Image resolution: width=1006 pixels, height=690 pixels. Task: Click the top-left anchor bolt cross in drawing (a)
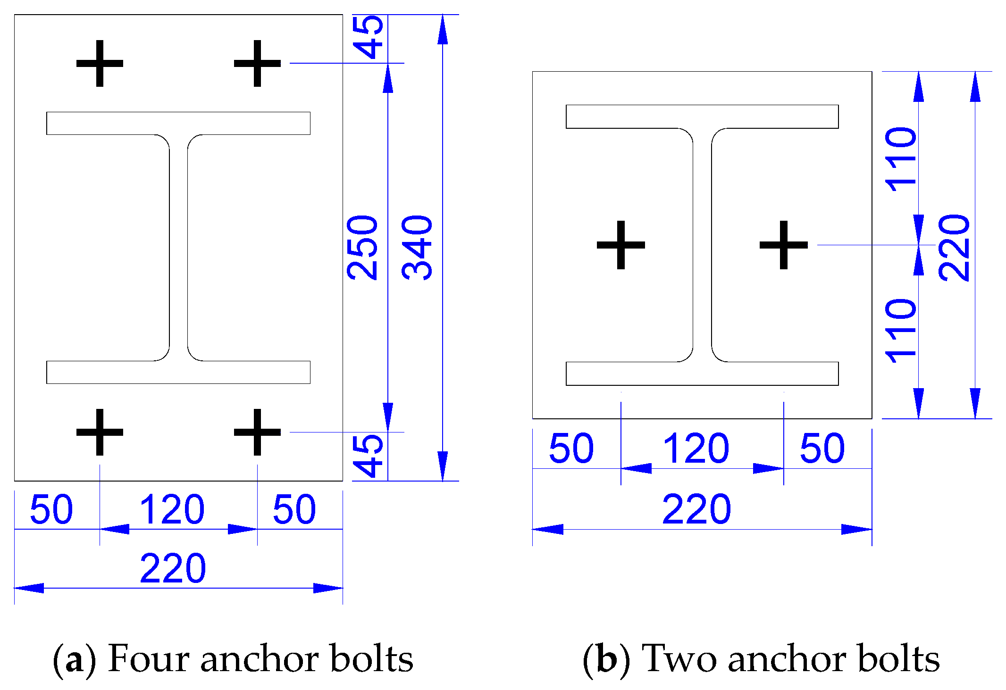(x=100, y=63)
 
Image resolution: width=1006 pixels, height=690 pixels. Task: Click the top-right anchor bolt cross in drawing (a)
(x=257, y=63)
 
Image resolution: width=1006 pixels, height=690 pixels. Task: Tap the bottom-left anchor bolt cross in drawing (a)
(x=100, y=432)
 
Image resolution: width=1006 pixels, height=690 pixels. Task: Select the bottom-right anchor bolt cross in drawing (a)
(x=257, y=432)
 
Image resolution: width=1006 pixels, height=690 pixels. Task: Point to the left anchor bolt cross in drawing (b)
(x=621, y=245)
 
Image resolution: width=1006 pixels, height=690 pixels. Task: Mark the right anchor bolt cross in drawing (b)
(x=784, y=245)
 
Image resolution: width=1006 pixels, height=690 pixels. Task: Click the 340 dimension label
(x=417, y=248)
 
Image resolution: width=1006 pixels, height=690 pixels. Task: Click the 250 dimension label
(x=362, y=248)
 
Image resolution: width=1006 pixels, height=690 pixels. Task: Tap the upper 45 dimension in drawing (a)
(x=369, y=37)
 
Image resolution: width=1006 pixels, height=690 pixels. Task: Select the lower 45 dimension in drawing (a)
(x=369, y=456)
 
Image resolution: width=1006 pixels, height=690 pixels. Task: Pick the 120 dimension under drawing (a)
(x=172, y=509)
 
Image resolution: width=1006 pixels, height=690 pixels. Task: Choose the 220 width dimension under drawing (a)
(x=173, y=568)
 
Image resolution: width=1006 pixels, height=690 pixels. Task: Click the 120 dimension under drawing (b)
(x=696, y=448)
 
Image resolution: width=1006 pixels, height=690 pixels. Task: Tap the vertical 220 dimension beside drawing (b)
(x=954, y=248)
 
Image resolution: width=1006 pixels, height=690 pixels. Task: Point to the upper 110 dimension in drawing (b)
(x=901, y=159)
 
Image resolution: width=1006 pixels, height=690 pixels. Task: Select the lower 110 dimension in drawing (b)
(x=901, y=330)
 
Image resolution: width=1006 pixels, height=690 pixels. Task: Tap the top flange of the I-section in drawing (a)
(x=178, y=124)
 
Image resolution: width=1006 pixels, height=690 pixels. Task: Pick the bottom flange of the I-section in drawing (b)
(x=702, y=374)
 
